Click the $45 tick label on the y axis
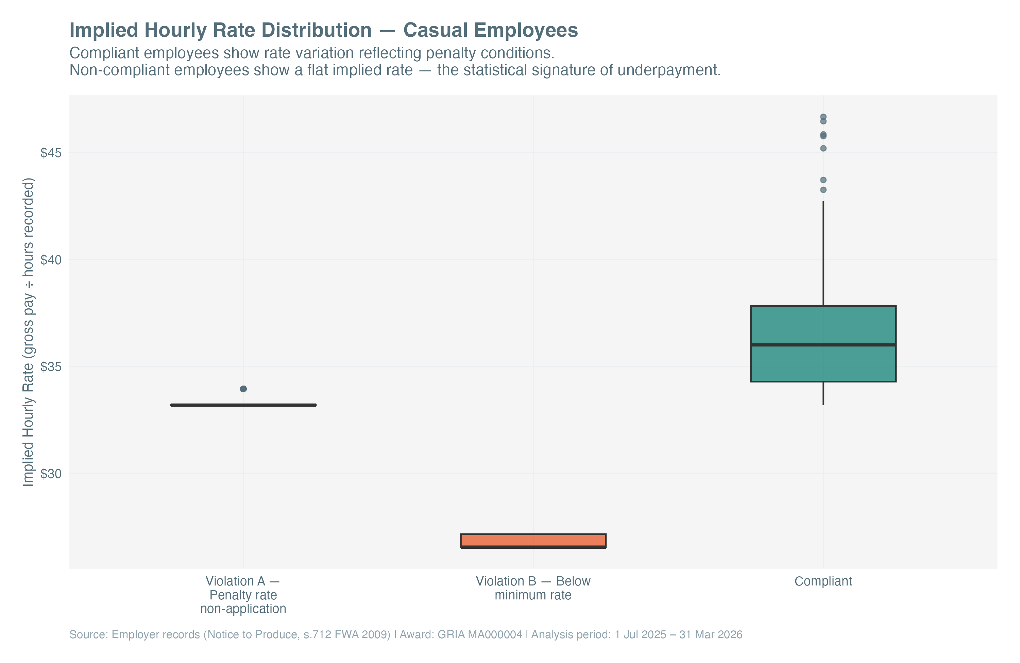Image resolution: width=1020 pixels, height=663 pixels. [51, 153]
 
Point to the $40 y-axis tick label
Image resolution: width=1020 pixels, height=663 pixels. [51, 260]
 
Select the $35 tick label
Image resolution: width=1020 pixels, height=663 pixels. [51, 367]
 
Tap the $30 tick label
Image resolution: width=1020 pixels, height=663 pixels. [51, 474]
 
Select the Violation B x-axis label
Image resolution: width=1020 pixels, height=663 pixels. [533, 588]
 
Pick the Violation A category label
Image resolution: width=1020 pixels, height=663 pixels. [243, 595]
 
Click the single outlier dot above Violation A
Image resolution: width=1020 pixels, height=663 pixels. [243, 389]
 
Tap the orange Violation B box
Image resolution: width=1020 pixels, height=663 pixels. [533, 540]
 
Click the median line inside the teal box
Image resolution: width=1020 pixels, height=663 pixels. [823, 344]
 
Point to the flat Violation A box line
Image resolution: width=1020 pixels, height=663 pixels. [243, 405]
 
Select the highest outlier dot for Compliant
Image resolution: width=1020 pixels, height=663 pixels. [823, 117]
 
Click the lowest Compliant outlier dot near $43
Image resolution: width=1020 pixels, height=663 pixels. [823, 190]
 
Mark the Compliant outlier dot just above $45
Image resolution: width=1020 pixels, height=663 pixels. [823, 148]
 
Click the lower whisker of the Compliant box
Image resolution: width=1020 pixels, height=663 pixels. [823, 393]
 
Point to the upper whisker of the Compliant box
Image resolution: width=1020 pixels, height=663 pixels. [823, 253]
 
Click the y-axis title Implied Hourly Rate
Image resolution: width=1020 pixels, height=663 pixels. [28, 332]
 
